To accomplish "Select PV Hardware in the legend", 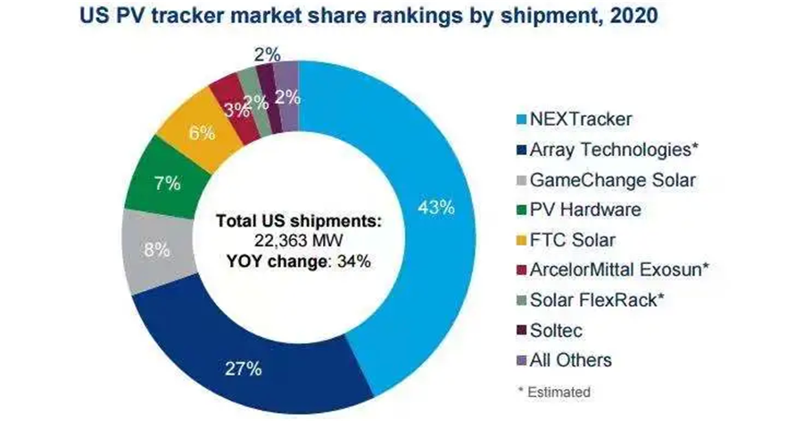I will pyautogui.click(x=585, y=210).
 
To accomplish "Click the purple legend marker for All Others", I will pyautogui.click(x=518, y=361).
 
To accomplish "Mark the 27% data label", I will pyautogui.click(x=243, y=368).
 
